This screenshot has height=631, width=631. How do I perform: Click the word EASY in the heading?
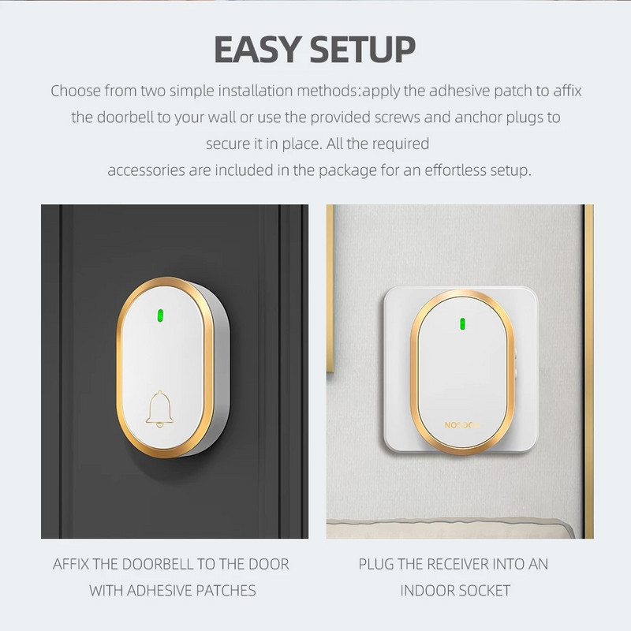[x=258, y=49]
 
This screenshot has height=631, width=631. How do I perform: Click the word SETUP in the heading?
[x=363, y=49]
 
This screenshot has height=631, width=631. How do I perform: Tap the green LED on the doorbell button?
[x=160, y=316]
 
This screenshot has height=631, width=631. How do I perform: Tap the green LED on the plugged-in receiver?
[x=462, y=324]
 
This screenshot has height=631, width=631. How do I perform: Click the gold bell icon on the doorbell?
[x=160, y=409]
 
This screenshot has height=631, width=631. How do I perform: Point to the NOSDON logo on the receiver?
[x=462, y=425]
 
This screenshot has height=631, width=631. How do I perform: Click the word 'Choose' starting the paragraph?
[x=75, y=91]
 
